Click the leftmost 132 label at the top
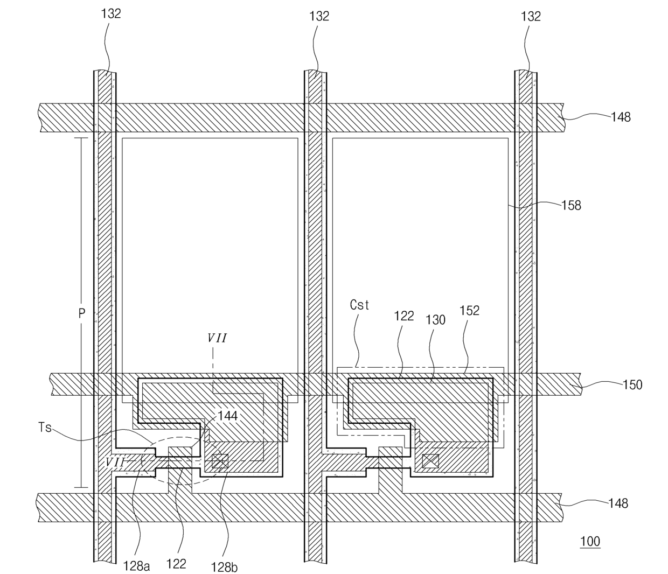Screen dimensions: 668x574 [x=111, y=14]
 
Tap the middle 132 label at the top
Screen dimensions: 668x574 [x=319, y=16]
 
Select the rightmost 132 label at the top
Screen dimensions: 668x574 [x=531, y=16]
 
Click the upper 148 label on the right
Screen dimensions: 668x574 [x=621, y=117]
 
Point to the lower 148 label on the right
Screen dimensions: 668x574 [x=618, y=503]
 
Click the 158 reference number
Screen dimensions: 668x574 [x=571, y=206]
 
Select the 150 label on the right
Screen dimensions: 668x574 [x=632, y=384]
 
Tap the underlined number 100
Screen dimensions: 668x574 [x=590, y=541]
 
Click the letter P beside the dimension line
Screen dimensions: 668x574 [x=82, y=313]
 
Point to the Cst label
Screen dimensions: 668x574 [x=359, y=305]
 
